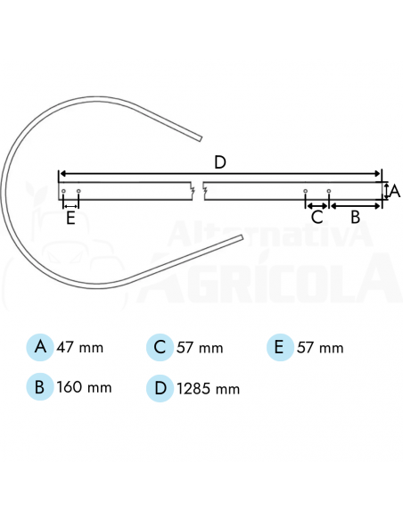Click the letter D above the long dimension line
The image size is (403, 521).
click(220, 161)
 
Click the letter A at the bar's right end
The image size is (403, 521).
click(395, 191)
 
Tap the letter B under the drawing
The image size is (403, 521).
click(354, 216)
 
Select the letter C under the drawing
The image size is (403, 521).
click(317, 216)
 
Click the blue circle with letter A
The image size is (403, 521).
click(40, 347)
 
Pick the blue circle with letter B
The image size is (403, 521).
click(40, 388)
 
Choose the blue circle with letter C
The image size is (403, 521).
click(160, 347)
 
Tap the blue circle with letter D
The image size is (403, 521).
click(160, 388)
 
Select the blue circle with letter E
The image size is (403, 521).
click(280, 347)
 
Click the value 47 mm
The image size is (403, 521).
click(80, 348)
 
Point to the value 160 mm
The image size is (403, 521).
click(84, 388)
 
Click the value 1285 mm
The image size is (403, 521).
click(209, 389)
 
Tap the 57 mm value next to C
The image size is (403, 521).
click(200, 348)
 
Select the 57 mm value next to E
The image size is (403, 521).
click(320, 348)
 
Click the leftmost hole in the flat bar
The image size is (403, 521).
click(63, 191)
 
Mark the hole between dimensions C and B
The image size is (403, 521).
click(329, 191)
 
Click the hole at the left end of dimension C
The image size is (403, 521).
click(306, 191)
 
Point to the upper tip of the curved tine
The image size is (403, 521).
click(201, 137)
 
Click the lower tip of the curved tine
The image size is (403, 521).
click(242, 236)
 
